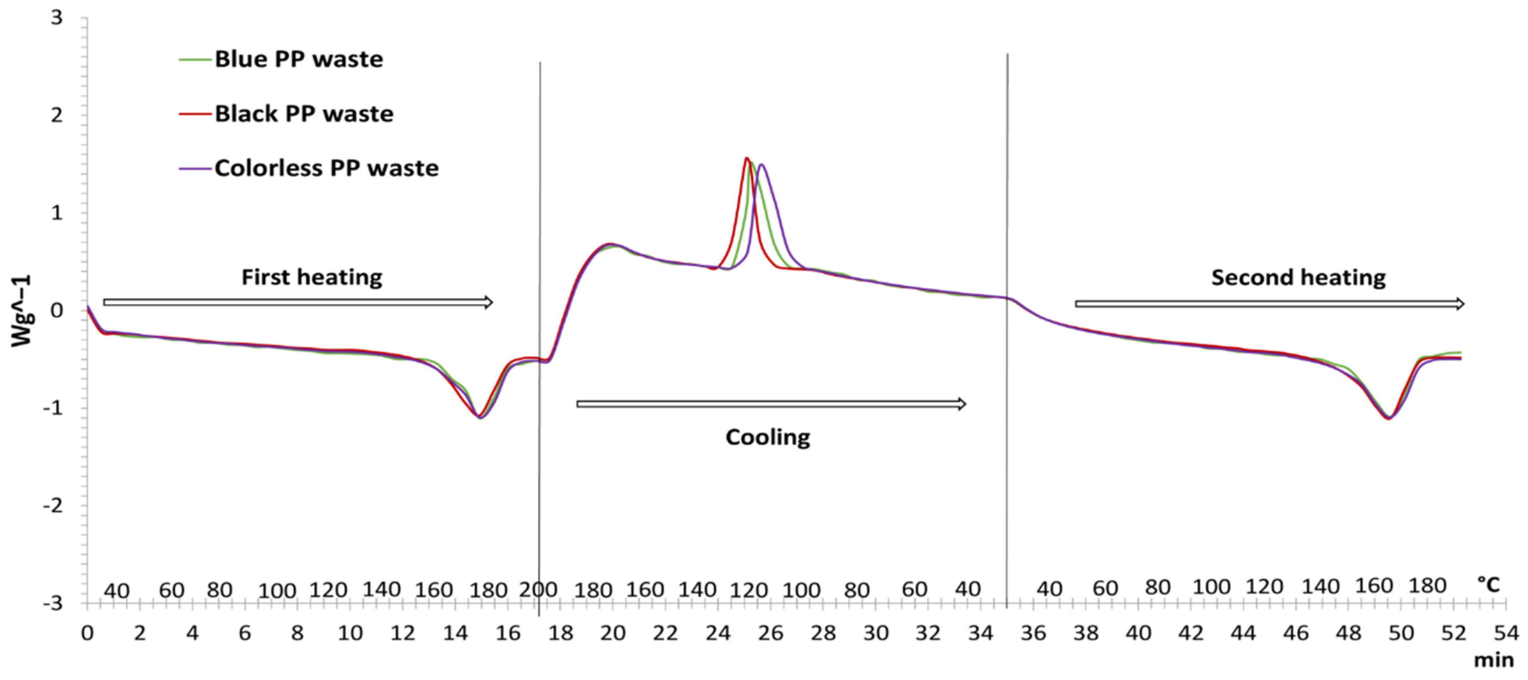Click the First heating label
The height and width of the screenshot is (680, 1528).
click(311, 277)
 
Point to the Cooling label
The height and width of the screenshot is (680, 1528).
click(767, 437)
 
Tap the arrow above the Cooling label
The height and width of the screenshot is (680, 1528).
click(771, 404)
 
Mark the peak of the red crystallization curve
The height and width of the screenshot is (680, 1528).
click(746, 158)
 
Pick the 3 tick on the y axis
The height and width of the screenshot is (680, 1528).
click(56, 18)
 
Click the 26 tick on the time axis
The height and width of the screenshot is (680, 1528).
click(770, 633)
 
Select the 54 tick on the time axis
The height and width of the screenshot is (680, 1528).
click(1505, 633)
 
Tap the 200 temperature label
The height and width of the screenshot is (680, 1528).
click(538, 590)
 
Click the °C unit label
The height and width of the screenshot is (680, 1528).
click(1487, 585)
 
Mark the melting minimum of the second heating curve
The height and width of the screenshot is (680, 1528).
click(1389, 418)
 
